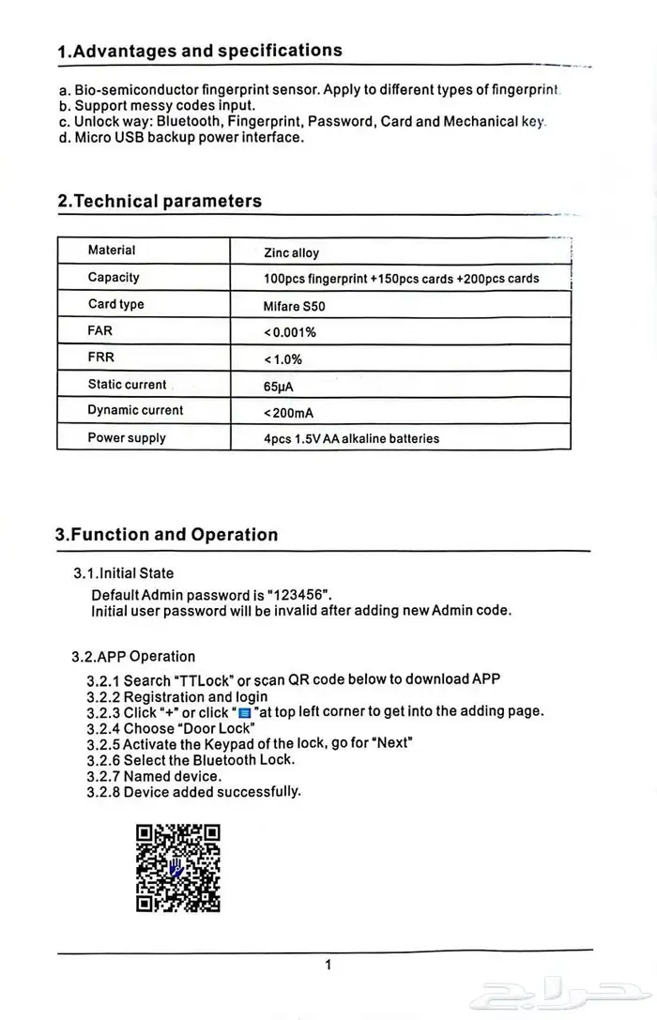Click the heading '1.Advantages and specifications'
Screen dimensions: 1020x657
coord(200,51)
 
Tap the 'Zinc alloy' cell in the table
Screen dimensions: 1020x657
coord(292,252)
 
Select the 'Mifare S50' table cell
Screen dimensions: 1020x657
coord(295,306)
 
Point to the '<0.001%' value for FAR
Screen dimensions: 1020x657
coord(290,332)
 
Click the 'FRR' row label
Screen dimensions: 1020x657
coord(100,357)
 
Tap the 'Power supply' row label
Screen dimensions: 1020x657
coord(127,437)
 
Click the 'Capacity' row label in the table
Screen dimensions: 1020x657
coord(114,277)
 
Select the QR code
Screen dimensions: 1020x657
coord(178,868)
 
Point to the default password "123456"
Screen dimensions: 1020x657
coord(299,595)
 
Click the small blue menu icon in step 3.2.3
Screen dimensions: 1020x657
coord(245,712)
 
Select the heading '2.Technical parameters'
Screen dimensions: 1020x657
coord(160,201)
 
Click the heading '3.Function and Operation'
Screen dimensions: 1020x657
coord(167,535)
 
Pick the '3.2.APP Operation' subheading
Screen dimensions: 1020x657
coord(133,656)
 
